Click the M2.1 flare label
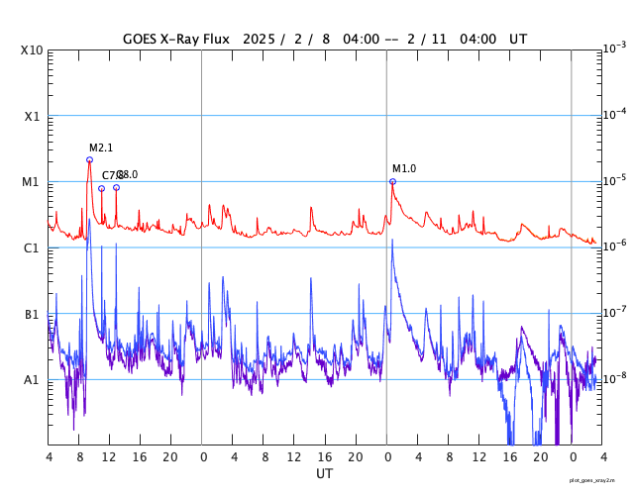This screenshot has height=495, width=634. coord(101,148)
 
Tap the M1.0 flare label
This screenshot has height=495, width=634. coord(404,168)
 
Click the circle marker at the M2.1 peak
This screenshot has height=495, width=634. coord(89,159)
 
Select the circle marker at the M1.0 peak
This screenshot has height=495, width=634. coord(392,181)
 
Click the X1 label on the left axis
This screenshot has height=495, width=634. coord(33,116)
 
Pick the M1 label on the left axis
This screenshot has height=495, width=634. coord(33,182)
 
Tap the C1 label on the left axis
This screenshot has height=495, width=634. coord(33,247)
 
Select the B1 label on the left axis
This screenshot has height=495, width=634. coord(33,314)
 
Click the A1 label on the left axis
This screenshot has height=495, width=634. coord(33,379)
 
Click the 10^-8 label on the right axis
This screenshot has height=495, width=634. coord(615,378)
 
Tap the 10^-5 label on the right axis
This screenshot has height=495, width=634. coord(615,180)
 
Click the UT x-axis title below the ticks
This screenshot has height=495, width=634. coord(324,474)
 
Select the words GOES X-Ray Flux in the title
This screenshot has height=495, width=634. coord(176,39)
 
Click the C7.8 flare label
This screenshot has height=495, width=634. coord(110,175)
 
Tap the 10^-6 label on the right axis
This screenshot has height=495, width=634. coord(615,247)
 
